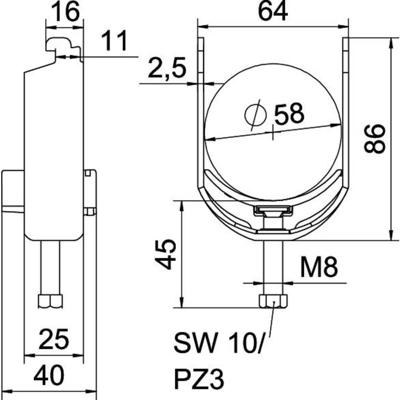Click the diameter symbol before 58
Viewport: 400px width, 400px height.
(255, 116)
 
